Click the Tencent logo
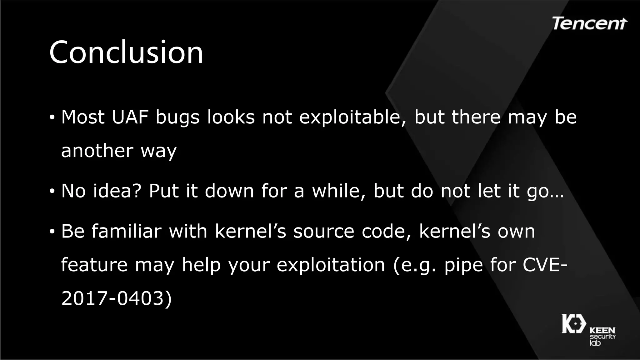(589, 23)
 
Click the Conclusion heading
(126, 52)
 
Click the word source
(323, 232)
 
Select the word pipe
(463, 265)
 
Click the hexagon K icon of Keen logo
(574, 324)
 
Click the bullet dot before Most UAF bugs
(52, 118)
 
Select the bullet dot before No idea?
(52, 191)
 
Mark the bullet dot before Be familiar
(52, 232)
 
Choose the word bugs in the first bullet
(177, 117)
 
